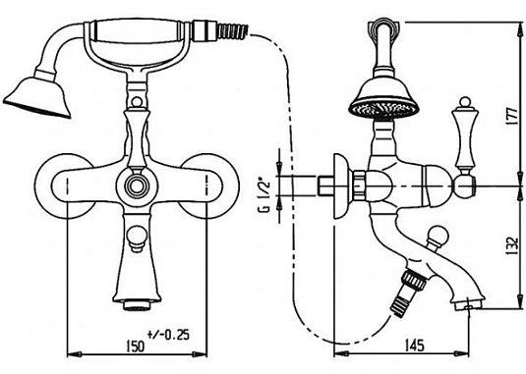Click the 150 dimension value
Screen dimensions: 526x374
pyautogui.click(x=136, y=346)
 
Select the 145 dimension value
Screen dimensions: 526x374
pyautogui.click(x=414, y=346)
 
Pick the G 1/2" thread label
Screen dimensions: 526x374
pyautogui.click(x=264, y=196)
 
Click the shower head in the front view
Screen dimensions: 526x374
pyautogui.click(x=37, y=97)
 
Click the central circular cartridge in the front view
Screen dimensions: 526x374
pyautogui.click(x=137, y=186)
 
